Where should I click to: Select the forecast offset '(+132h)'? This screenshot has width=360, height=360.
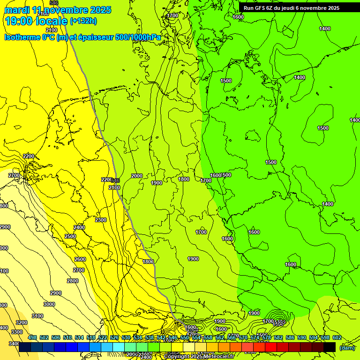83,21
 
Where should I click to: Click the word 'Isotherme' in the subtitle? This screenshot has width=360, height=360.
22,37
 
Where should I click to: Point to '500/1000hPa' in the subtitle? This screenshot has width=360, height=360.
141,37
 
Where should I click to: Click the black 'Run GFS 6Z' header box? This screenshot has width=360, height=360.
291,8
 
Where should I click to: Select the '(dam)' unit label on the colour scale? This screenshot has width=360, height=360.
347,347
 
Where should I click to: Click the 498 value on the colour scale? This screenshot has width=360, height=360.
32,337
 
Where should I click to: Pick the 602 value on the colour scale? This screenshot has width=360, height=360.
336,337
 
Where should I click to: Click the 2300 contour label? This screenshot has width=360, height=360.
100,220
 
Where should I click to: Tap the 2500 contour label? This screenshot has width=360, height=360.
70,236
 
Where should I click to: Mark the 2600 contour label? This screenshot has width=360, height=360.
80,259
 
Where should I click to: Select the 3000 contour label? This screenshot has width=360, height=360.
49,304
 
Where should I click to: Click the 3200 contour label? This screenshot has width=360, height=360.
22,322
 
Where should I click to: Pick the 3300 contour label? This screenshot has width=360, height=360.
17,332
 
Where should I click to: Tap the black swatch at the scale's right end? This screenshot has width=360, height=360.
330,347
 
